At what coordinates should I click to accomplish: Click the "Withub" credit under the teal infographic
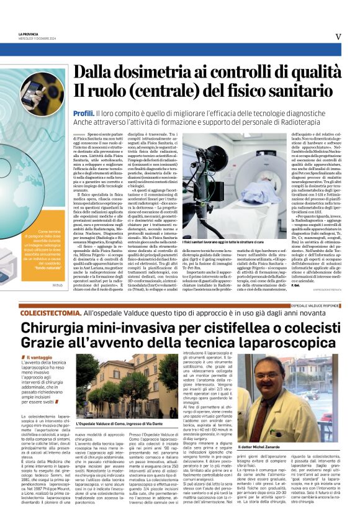click(58, 285)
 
